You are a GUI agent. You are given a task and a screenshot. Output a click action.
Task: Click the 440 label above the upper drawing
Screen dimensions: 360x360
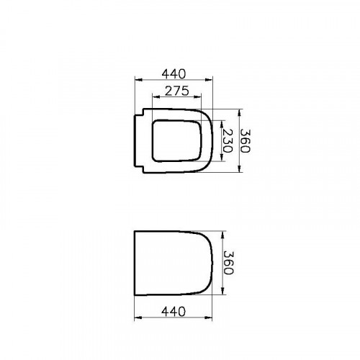(174, 74)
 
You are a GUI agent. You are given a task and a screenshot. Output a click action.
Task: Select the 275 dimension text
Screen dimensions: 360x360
(177, 91)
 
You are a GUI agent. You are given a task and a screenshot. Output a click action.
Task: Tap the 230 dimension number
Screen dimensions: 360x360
(227, 141)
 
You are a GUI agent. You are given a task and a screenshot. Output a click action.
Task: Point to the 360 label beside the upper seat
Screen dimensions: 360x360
(245, 141)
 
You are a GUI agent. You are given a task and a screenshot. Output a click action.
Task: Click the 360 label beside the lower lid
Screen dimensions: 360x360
(228, 263)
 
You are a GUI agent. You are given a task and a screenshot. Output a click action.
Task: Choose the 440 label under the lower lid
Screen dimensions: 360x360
(174, 312)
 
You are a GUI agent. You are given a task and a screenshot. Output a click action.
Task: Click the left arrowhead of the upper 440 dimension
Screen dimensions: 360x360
(139, 80)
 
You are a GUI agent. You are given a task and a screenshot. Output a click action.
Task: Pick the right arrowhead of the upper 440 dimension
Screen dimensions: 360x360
(209, 80)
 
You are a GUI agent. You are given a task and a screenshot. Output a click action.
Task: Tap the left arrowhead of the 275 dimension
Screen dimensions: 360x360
(156, 96)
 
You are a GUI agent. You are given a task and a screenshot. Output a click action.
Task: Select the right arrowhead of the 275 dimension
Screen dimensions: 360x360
(197, 96)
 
